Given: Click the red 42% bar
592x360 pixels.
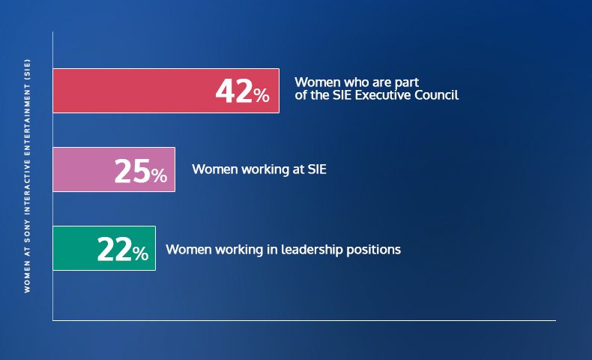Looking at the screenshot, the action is pyautogui.click(x=166, y=91).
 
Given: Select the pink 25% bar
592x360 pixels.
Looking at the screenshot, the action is pyautogui.click(x=114, y=169).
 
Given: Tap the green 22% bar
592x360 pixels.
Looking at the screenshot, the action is pyautogui.click(x=104, y=248).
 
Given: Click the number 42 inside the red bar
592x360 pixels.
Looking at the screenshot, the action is pyautogui.click(x=234, y=91).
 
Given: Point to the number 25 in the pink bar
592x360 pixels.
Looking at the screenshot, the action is pyautogui.click(x=132, y=172).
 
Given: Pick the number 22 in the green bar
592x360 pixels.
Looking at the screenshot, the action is pyautogui.click(x=115, y=249).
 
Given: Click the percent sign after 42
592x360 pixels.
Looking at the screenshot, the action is pyautogui.click(x=262, y=95).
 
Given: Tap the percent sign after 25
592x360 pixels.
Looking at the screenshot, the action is pyautogui.click(x=159, y=176).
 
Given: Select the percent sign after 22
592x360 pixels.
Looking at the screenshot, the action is pyautogui.click(x=140, y=253).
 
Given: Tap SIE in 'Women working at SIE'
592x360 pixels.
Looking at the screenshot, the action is pyautogui.click(x=317, y=169).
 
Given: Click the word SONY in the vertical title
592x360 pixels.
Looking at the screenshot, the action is pyautogui.click(x=27, y=232).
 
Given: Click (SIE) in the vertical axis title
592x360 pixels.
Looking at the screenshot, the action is pyautogui.click(x=27, y=68).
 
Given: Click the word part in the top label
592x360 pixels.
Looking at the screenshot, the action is pyautogui.click(x=408, y=82).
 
